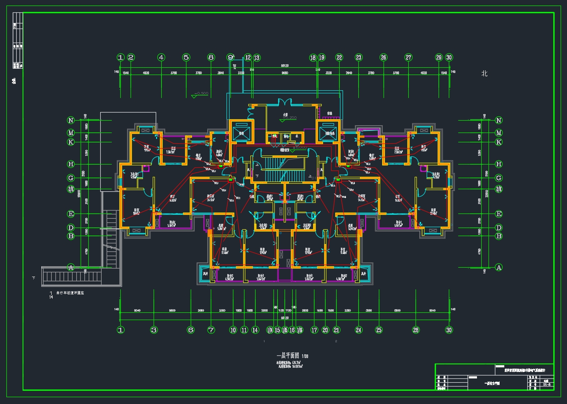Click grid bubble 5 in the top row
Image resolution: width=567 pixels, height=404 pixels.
pos(186,58)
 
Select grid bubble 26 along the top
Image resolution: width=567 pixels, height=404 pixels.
pos(384,58)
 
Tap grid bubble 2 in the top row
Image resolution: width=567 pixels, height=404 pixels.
pos(131,58)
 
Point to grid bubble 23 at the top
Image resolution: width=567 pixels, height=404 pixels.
pos(359,58)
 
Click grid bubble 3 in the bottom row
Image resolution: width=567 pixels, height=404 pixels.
pos(154,330)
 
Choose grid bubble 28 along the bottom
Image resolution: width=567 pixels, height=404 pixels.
pos(416,330)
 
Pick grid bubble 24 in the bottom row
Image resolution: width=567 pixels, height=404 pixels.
pos(359,330)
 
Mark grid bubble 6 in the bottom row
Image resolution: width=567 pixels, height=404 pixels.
pos(191,330)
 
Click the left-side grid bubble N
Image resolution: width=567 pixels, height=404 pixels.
pos(71,121)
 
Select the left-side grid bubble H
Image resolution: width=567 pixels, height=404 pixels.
pos(71,164)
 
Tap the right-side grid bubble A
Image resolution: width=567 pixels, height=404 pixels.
pos(498,268)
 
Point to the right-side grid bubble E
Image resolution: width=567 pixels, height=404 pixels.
pos(498,214)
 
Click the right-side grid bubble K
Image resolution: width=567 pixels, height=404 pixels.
pos(498,142)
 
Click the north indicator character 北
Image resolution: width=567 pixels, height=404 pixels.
pos(484,74)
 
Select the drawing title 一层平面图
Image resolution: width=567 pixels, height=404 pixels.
pos(288,356)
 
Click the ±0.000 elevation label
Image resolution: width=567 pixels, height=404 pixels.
pos(300,147)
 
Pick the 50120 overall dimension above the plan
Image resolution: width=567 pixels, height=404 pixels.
pos(285,66)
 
